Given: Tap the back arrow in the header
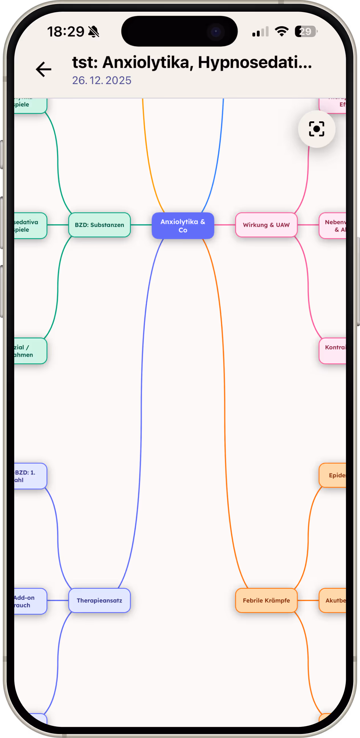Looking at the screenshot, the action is click(x=44, y=69).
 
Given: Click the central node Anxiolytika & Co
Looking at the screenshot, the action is click(x=183, y=226).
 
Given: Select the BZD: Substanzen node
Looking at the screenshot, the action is click(x=99, y=225).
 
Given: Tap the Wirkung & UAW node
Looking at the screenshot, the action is click(x=266, y=225).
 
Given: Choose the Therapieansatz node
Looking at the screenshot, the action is click(x=99, y=600).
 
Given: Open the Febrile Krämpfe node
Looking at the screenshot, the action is click(x=266, y=600).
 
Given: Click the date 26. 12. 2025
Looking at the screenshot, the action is click(x=102, y=81).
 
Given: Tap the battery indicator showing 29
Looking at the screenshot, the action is click(x=306, y=32).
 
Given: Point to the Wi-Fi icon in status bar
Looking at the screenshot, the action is click(x=281, y=31).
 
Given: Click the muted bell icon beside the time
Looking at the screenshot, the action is click(x=94, y=32).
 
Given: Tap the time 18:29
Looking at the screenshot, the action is click(x=66, y=32).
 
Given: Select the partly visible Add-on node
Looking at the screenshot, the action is click(x=30, y=601).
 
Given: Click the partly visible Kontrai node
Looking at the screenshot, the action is click(x=333, y=351).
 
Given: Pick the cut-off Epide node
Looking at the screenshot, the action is click(x=333, y=475).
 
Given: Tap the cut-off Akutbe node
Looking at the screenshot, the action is click(x=333, y=600).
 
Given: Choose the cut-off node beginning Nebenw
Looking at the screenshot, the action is click(x=333, y=226).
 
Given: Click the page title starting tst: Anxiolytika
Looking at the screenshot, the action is click(x=192, y=62).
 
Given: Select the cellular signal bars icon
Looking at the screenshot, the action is click(x=260, y=32).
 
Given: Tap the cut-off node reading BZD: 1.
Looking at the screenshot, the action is click(x=30, y=476).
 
